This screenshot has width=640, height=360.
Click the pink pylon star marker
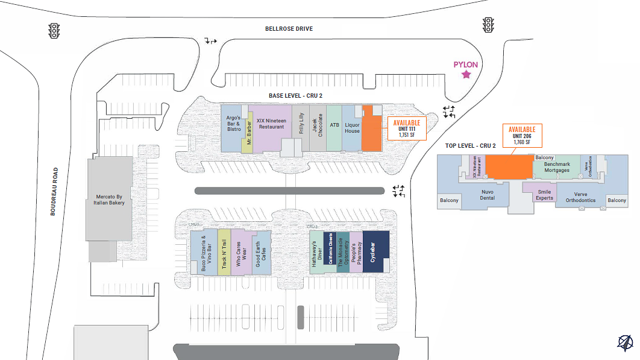(466, 75)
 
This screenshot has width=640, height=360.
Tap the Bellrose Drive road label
(289, 29)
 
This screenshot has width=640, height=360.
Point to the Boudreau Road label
(54, 191)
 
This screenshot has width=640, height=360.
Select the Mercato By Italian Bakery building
(110, 200)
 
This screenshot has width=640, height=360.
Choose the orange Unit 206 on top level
(508, 167)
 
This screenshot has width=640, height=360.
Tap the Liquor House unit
(352, 128)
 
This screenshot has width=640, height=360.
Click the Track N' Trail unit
(224, 253)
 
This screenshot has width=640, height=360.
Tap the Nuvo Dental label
(487, 195)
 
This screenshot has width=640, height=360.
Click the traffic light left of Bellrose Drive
(54, 30)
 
